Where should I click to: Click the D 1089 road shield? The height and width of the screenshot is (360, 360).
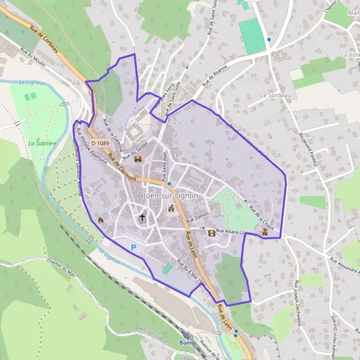click(x=102, y=143)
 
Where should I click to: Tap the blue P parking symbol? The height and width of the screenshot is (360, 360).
click(x=134, y=247)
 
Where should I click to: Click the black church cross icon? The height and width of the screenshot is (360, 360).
click(x=143, y=218)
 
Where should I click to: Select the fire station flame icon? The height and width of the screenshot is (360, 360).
click(x=101, y=220)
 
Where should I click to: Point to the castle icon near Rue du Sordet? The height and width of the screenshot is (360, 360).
click(x=139, y=160)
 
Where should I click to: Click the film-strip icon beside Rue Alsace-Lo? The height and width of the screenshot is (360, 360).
click(x=211, y=232)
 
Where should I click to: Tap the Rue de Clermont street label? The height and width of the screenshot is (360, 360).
click(x=124, y=167)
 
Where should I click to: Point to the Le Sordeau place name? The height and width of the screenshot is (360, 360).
click(x=275, y=95)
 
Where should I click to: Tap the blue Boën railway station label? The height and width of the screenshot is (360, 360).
click(x=185, y=343)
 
